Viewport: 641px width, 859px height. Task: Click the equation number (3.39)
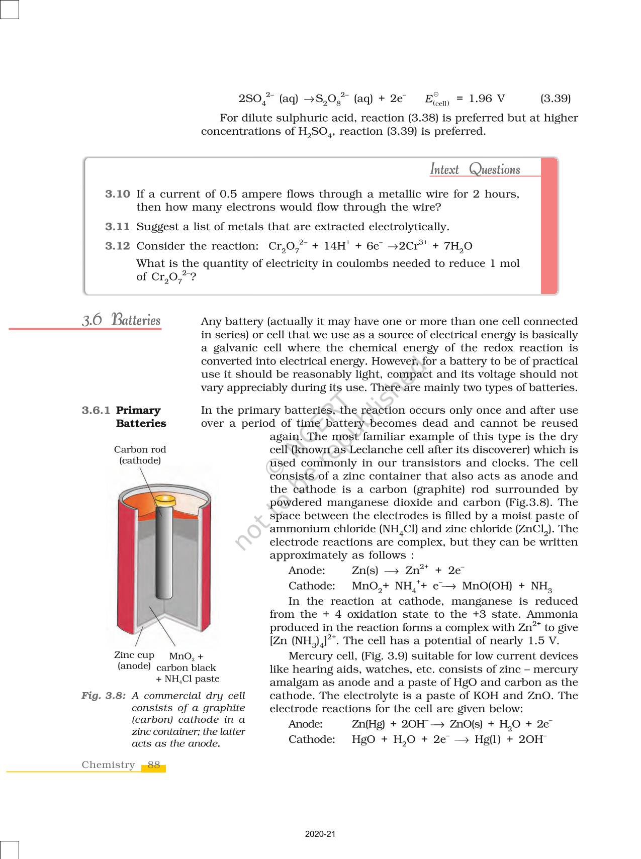[555, 99]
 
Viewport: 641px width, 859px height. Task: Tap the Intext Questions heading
[475, 169]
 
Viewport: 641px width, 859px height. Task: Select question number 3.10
[117, 194]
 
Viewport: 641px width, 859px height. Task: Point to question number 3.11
[117, 227]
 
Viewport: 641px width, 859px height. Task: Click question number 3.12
[117, 246]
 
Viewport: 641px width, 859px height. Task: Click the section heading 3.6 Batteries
[121, 320]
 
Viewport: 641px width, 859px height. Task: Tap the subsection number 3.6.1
[96, 410]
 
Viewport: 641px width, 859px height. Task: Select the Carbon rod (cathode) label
[140, 455]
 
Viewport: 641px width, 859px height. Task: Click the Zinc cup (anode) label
[134, 660]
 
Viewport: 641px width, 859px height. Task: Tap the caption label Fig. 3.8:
[103, 696]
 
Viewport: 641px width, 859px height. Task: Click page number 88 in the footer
[154, 765]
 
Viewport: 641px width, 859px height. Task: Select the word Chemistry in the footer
[109, 765]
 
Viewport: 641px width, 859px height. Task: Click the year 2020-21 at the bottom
[320, 834]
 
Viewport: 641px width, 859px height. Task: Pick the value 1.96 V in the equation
[487, 99]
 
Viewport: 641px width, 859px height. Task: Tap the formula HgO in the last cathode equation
[363, 739]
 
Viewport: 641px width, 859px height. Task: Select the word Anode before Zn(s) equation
[307, 570]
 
